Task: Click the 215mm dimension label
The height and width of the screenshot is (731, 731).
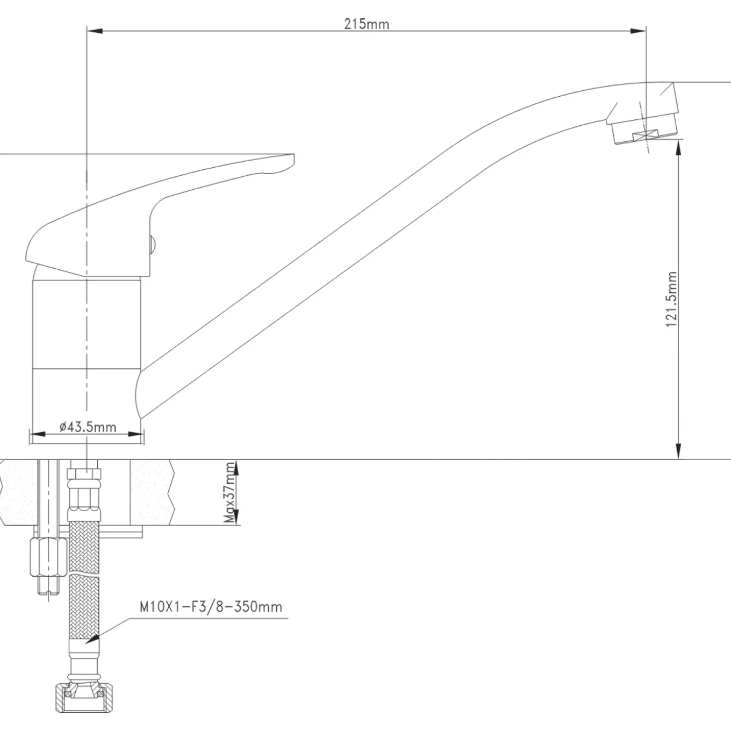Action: tap(367, 24)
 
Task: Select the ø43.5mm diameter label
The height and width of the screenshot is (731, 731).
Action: tap(88, 427)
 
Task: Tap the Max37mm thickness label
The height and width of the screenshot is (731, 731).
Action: tap(230, 492)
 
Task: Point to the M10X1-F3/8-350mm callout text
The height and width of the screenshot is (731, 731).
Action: tap(211, 607)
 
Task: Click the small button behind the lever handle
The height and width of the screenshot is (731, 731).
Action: tap(152, 245)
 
